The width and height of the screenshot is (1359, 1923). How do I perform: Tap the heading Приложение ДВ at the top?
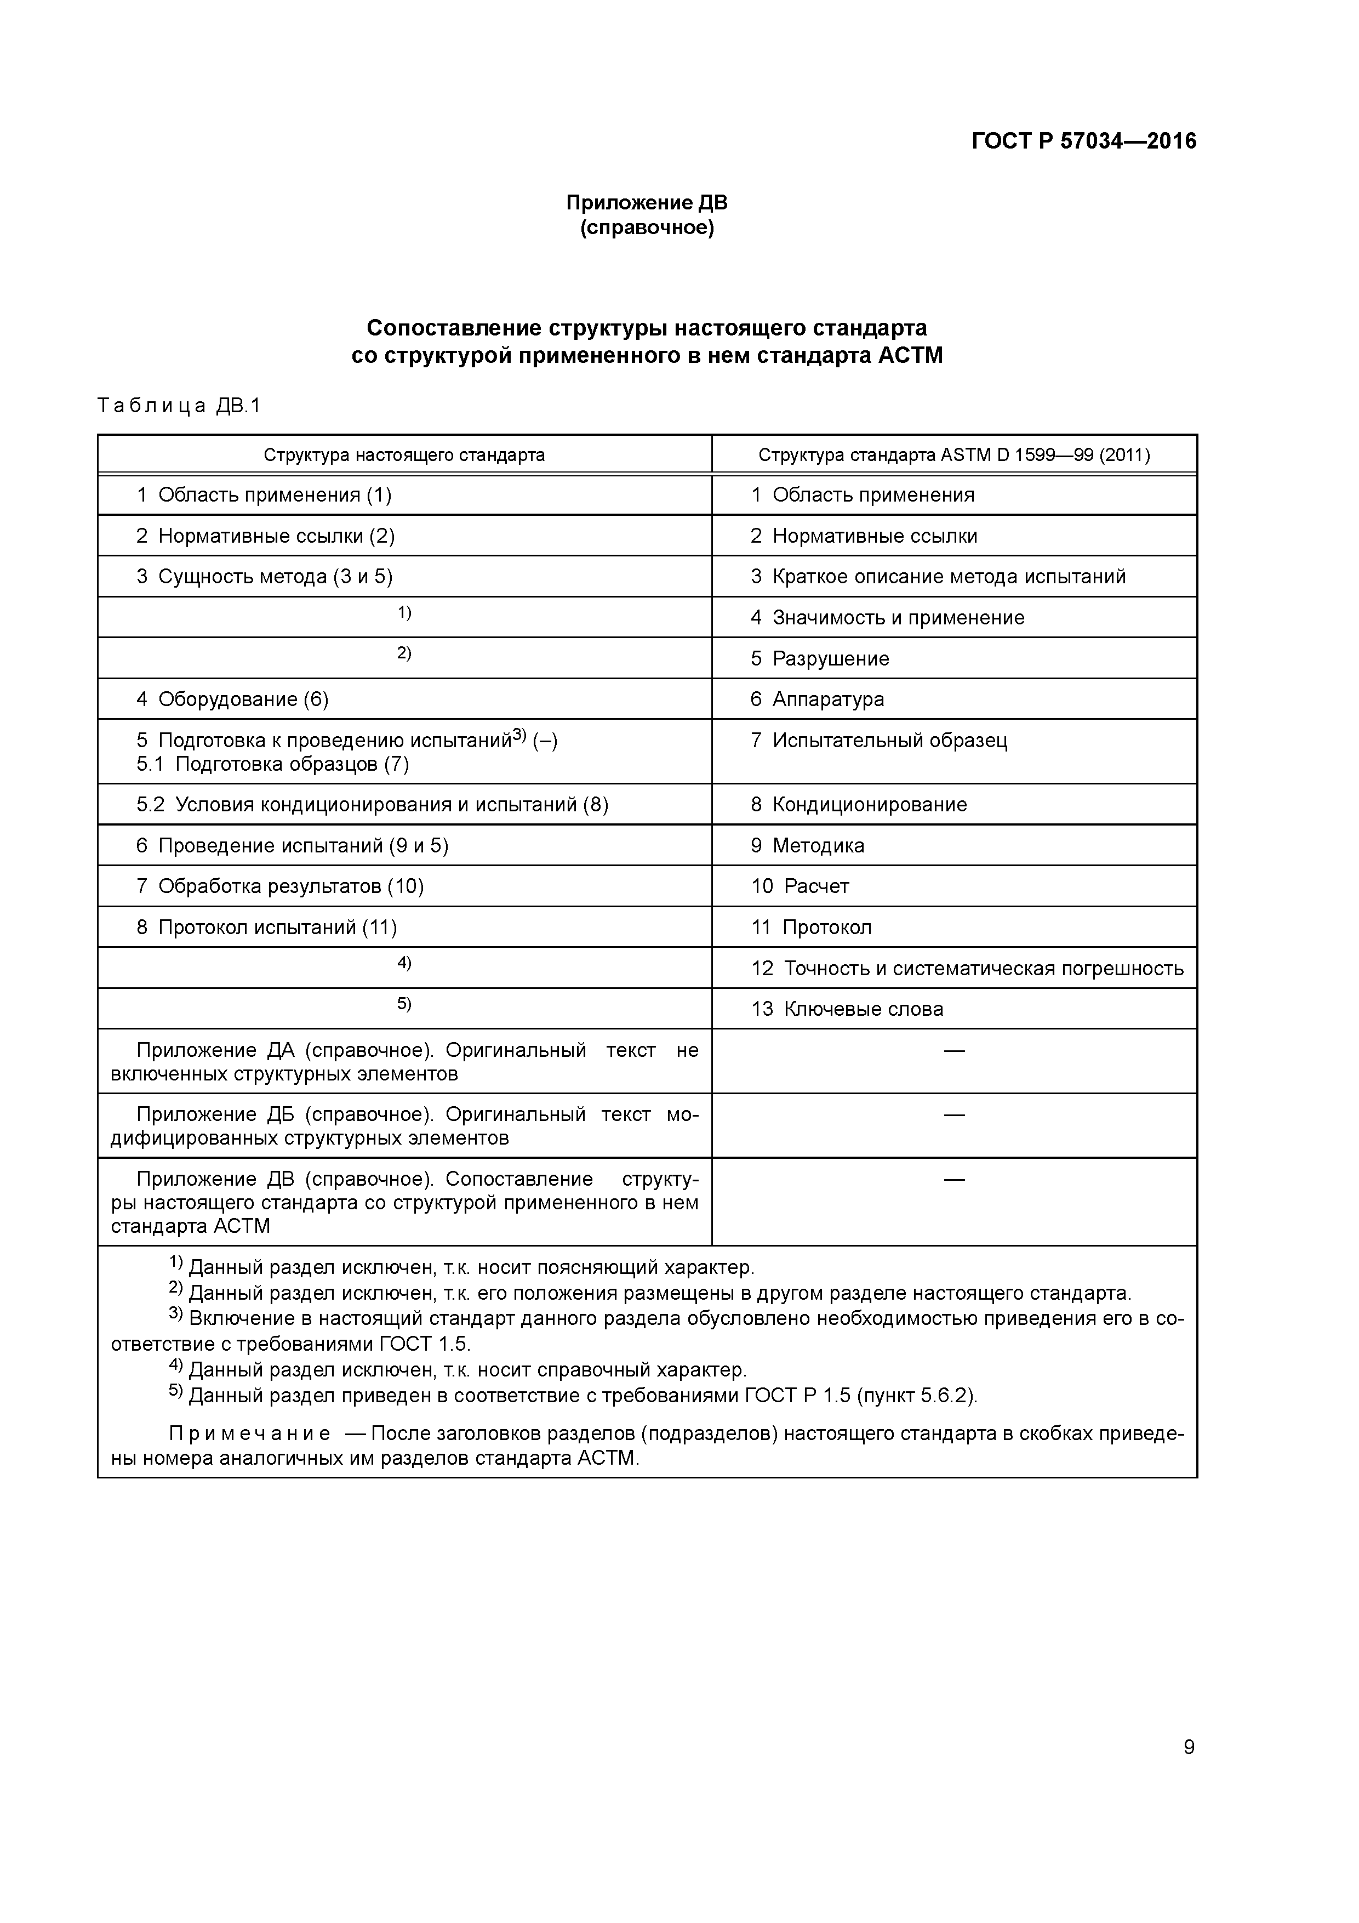coord(647,203)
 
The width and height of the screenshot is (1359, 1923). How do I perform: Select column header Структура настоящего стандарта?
coord(404,455)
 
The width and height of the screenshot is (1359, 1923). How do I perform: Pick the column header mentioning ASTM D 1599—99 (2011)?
coord(953,455)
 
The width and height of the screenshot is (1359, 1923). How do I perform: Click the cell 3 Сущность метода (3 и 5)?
coord(265,576)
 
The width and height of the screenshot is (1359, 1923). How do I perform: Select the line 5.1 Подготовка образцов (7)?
coord(272,764)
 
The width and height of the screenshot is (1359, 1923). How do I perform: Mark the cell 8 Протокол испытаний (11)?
coord(266,927)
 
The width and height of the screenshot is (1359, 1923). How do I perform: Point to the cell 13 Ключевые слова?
coord(847,1009)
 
